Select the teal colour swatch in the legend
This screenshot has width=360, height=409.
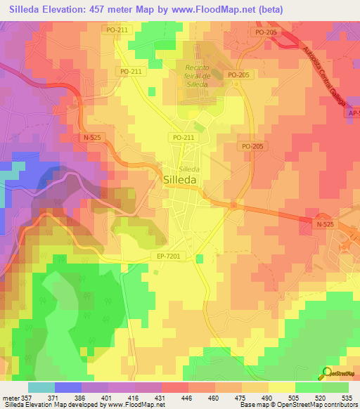(41, 387)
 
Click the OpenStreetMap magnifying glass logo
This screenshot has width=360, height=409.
(328, 373)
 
